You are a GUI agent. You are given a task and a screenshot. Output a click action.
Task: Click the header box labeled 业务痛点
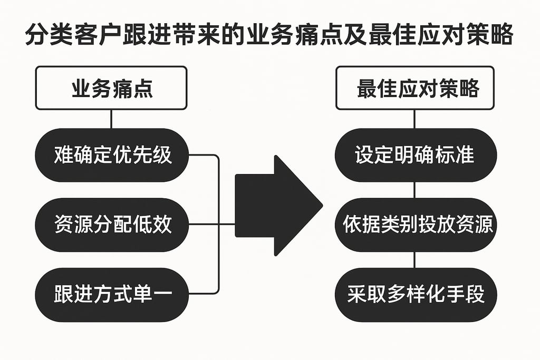click(111, 88)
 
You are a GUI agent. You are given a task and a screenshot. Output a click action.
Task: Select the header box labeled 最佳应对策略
click(414, 88)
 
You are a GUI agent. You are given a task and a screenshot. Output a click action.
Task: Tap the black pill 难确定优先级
click(112, 155)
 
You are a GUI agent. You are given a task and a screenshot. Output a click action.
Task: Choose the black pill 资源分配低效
click(112, 225)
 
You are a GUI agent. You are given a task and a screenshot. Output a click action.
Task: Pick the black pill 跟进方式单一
click(112, 294)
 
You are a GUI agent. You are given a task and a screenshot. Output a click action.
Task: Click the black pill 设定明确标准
click(414, 155)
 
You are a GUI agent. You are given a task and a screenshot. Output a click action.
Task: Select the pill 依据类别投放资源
click(414, 225)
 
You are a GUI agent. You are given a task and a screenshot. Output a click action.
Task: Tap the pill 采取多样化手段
click(414, 294)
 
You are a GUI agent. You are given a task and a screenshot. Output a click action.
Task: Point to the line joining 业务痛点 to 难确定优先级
click(111, 120)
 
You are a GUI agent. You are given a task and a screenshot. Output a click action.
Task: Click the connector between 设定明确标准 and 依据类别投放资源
click(414, 190)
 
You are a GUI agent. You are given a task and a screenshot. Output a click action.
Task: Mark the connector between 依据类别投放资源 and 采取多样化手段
click(414, 259)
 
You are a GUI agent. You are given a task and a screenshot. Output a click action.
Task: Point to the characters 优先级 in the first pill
click(152, 155)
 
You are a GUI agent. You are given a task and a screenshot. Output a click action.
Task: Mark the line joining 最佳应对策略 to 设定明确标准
click(414, 120)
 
